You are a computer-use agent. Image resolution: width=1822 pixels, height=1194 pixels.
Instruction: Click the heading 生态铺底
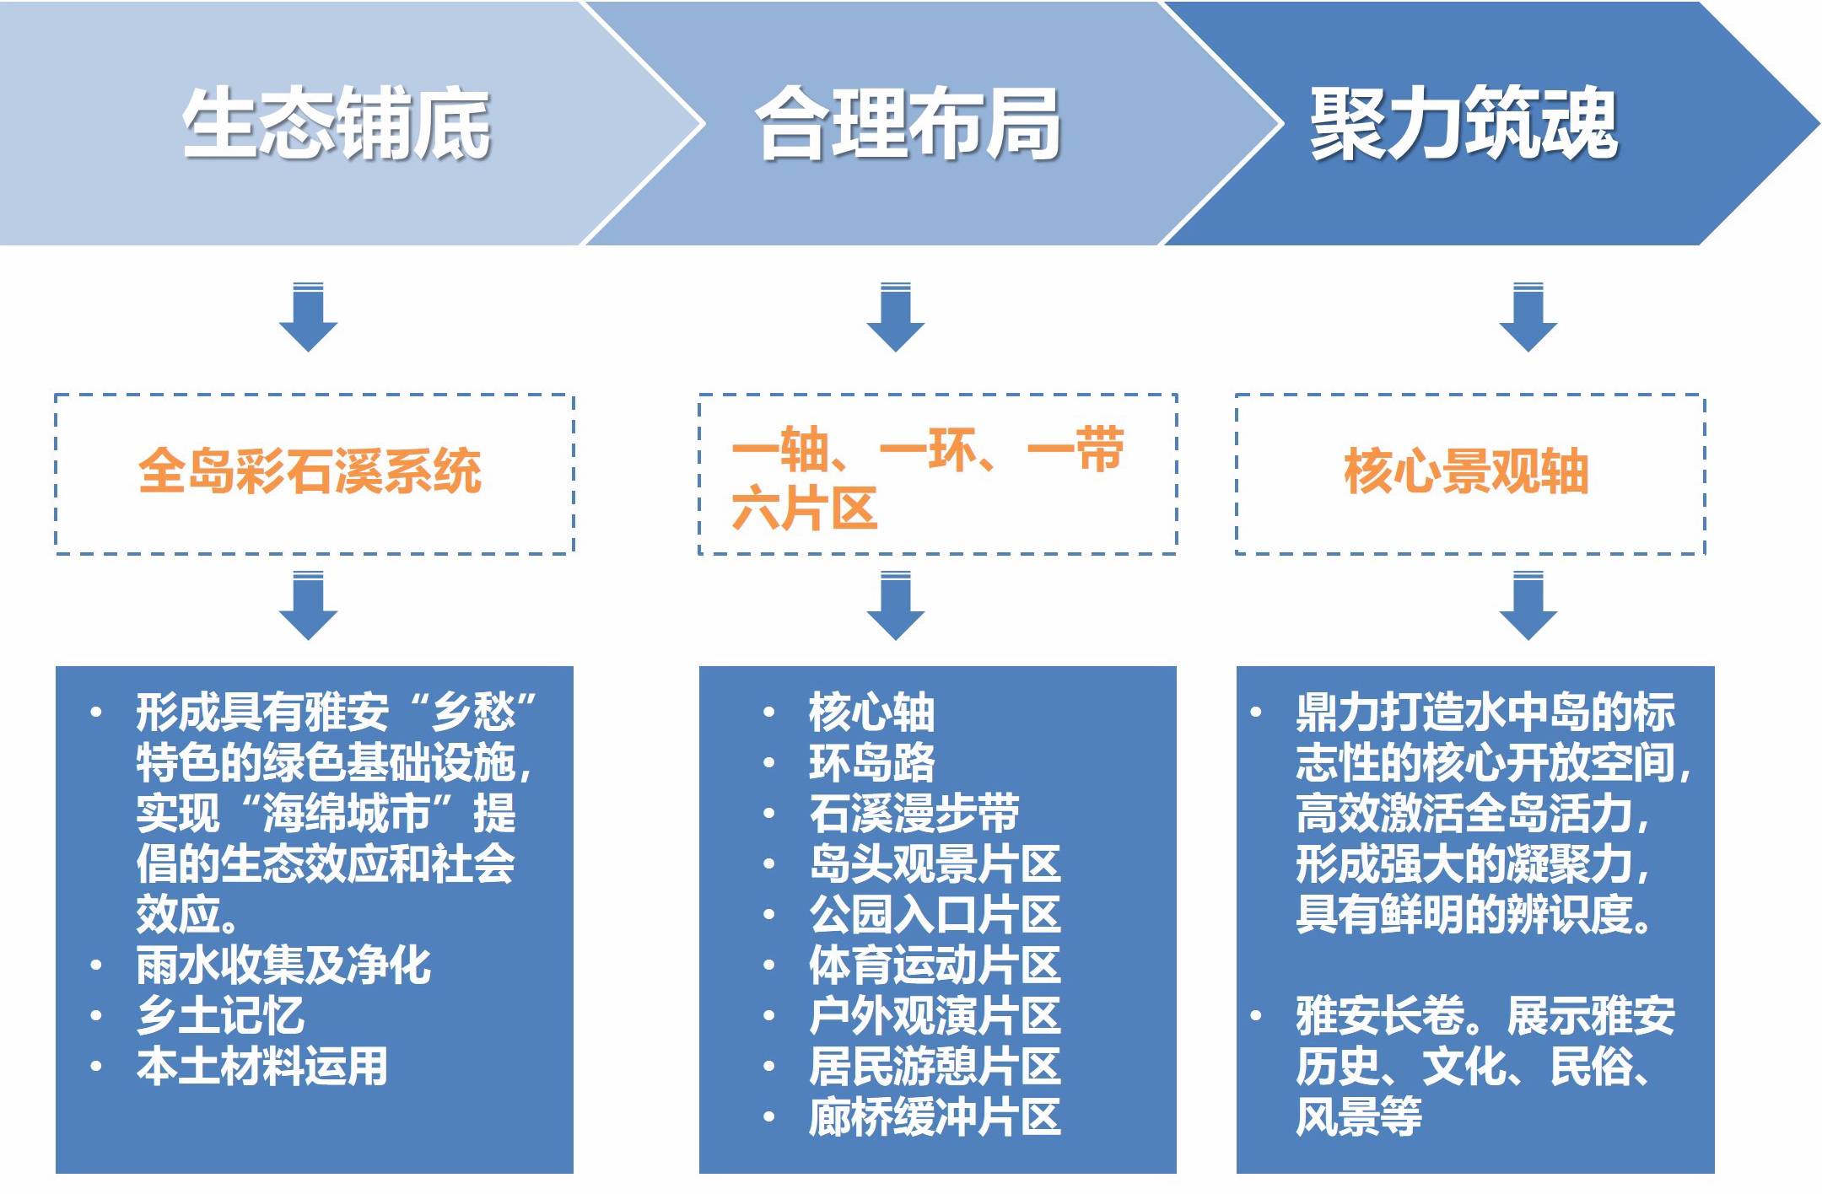[336, 124]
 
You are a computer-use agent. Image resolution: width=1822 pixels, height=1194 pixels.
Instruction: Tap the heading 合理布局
[908, 124]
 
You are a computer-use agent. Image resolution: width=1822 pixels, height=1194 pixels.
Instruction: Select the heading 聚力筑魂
[1464, 124]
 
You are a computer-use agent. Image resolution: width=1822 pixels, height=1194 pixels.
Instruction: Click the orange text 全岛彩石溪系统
[310, 471]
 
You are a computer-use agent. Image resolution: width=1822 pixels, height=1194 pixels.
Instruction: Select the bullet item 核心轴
[871, 712]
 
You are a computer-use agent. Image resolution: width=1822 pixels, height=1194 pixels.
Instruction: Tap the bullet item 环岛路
[871, 762]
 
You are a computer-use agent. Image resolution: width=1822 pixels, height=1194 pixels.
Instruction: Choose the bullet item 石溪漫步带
[914, 813]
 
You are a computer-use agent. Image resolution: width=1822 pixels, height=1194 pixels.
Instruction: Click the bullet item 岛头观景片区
[934, 863]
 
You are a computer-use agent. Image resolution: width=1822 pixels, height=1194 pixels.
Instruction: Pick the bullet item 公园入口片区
[934, 914]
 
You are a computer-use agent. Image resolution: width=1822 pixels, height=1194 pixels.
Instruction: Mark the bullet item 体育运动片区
[934, 965]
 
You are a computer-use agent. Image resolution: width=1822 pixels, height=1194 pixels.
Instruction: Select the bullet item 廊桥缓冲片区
[934, 1116]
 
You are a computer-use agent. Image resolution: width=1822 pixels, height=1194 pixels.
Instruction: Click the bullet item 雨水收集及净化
[283, 965]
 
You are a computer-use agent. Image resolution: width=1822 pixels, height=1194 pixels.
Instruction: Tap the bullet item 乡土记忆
[220, 1015]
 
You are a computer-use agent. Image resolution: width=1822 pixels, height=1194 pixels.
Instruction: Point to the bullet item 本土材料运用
[262, 1066]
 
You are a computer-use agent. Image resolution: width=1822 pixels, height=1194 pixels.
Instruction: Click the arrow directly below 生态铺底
[308, 318]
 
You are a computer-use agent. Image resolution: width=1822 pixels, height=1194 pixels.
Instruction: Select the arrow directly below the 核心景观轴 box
[1528, 605]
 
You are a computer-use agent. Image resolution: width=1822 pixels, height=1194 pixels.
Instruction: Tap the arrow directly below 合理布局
[895, 318]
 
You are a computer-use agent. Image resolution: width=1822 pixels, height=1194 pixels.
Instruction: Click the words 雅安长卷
[1380, 1015]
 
